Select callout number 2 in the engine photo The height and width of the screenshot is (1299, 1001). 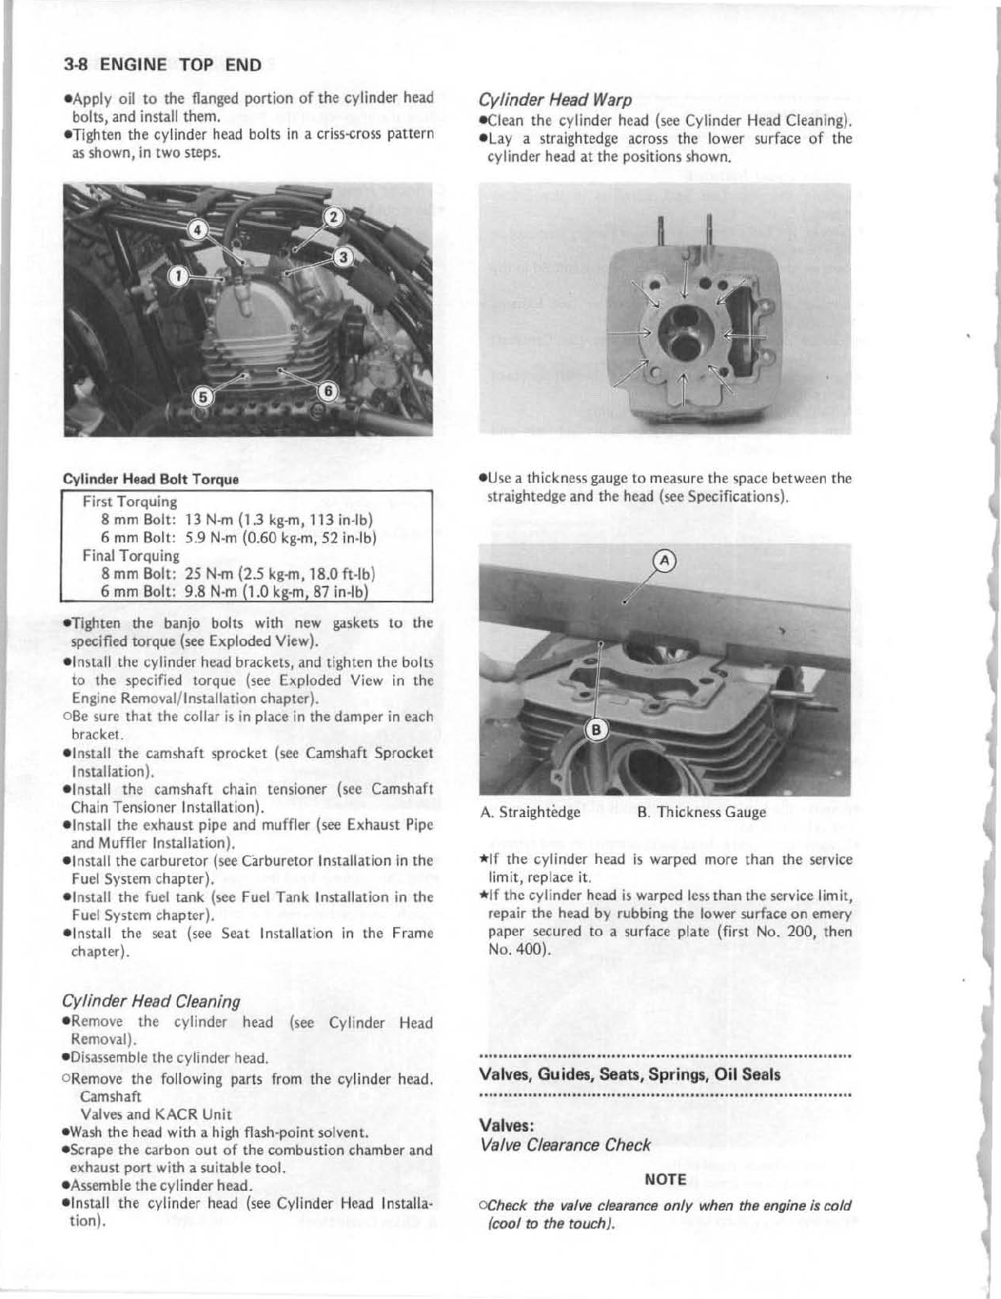(333, 217)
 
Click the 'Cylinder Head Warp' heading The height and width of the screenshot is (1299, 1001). (555, 101)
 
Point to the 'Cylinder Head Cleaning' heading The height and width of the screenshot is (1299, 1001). (152, 1002)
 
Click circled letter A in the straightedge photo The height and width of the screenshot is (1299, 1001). (666, 561)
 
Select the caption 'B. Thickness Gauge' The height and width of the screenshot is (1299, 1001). (701, 812)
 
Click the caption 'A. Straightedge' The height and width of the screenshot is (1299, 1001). (531, 813)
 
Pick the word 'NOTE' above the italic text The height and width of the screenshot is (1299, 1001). (665, 1179)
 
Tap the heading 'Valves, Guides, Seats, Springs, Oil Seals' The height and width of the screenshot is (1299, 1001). (629, 1074)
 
